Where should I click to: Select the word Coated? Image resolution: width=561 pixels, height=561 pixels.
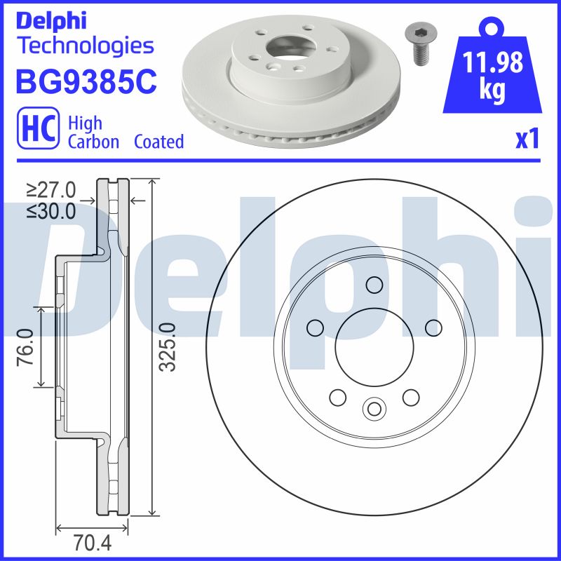(158, 142)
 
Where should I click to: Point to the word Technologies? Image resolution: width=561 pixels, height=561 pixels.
(84, 46)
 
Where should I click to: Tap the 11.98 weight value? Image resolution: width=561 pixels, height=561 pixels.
(494, 63)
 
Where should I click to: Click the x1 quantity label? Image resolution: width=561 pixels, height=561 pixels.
(527, 140)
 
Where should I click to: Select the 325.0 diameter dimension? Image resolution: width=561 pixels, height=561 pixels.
(166, 347)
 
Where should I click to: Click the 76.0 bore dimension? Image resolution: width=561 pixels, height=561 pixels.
(26, 346)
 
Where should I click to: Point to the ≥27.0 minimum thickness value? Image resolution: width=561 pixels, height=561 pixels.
(51, 190)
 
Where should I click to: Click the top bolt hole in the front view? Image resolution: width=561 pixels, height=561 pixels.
(374, 285)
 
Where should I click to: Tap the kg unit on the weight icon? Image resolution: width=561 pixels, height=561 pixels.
(494, 92)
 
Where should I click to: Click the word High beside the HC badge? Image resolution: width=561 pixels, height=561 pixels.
(85, 123)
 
